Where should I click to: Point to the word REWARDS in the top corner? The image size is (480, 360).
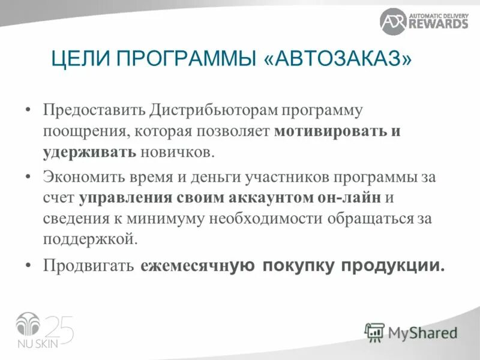click(x=439, y=24)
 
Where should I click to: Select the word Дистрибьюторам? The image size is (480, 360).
click(x=189, y=112)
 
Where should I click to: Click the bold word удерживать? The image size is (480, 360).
click(x=90, y=151)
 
